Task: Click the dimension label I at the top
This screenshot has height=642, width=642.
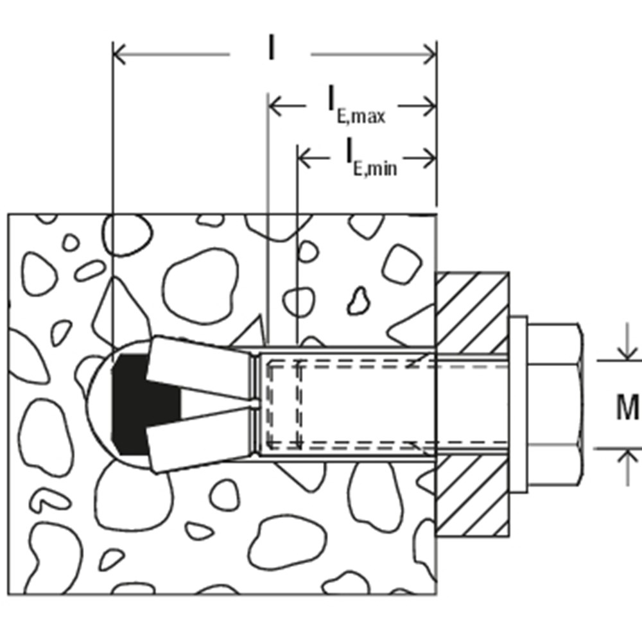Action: [272, 49]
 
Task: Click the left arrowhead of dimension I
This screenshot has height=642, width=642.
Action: [119, 55]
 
